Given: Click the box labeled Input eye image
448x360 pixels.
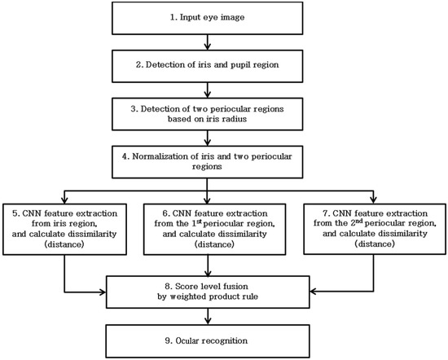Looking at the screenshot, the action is pyautogui.click(x=207, y=18).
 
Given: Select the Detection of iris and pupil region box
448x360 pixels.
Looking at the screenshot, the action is pyautogui.click(x=207, y=66).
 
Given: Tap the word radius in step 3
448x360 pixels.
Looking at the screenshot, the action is pyautogui.click(x=235, y=119).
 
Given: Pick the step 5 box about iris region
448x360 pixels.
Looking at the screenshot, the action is pyautogui.click(x=64, y=229).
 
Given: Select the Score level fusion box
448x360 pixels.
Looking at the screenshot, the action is pyautogui.click(x=208, y=292).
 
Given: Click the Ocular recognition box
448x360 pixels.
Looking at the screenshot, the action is pyautogui.click(x=208, y=340).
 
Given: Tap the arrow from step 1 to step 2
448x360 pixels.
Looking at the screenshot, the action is pyautogui.click(x=208, y=42).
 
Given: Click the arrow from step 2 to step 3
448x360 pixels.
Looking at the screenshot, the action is pyautogui.click(x=208, y=90).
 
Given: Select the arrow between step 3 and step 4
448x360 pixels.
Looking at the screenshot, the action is pyautogui.click(x=208, y=138).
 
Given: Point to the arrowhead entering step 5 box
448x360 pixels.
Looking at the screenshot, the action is pyautogui.click(x=64, y=200).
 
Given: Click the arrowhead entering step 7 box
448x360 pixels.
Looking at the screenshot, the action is pyautogui.click(x=373, y=200).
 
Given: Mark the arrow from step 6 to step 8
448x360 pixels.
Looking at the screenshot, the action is pyautogui.click(x=208, y=266).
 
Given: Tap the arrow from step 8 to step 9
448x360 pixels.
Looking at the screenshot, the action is pyautogui.click(x=208, y=317).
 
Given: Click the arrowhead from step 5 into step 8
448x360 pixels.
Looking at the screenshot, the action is pyautogui.click(x=103, y=292).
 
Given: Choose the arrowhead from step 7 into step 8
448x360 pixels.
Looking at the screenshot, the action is pyautogui.click(x=314, y=292).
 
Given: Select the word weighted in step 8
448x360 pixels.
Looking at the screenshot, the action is pyautogui.click(x=188, y=296).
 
